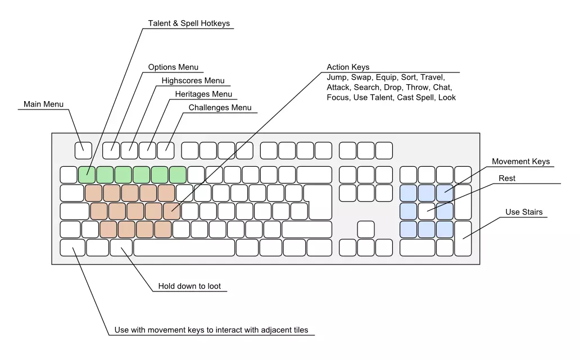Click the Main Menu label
[43, 104]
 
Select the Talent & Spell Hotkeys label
[189, 24]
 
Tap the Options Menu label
[173, 67]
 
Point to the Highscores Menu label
[193, 81]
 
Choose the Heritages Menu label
[203, 94]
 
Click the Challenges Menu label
[220, 108]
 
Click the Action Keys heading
[348, 67]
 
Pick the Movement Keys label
[520, 162]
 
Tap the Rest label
[507, 179]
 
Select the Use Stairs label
[524, 212]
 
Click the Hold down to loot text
[189, 286]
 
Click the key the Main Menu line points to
[83, 150]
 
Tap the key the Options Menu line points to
[111, 150]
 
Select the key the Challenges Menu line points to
[166, 150]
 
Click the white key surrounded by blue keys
[427, 211]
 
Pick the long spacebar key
[184, 248]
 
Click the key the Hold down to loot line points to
[121, 248]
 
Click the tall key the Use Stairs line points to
[463, 238]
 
